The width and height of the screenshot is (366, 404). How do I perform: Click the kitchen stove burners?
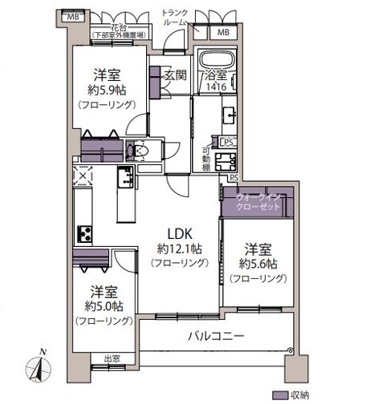84,233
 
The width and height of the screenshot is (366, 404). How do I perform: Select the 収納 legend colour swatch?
280,394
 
